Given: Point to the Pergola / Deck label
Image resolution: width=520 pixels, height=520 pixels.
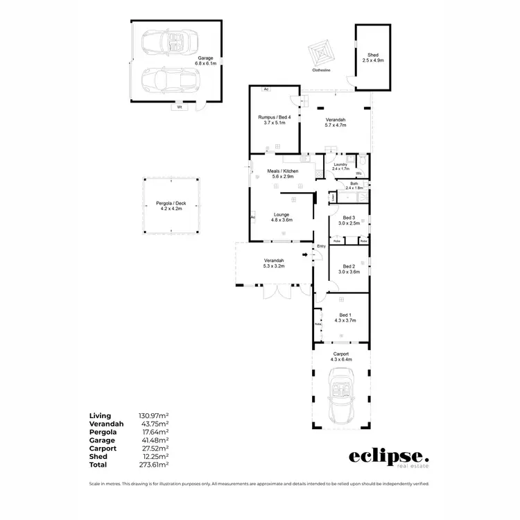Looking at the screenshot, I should pyautogui.click(x=171, y=206).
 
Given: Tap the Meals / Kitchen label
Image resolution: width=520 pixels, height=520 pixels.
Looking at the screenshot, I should pyautogui.click(x=281, y=173).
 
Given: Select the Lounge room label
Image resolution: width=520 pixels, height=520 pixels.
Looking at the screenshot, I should pyautogui.click(x=281, y=218).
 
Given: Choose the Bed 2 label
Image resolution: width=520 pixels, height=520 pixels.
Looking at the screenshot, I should pyautogui.click(x=349, y=269).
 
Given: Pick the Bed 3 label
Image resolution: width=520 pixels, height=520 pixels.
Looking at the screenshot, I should pyautogui.click(x=349, y=220).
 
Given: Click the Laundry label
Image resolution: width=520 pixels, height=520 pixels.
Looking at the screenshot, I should pyautogui.click(x=340, y=166).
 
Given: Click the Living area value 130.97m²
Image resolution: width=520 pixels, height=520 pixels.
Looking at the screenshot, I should pyautogui.click(x=154, y=415).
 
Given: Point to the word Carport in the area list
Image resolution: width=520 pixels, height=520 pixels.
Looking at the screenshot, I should pyautogui.click(x=102, y=449).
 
